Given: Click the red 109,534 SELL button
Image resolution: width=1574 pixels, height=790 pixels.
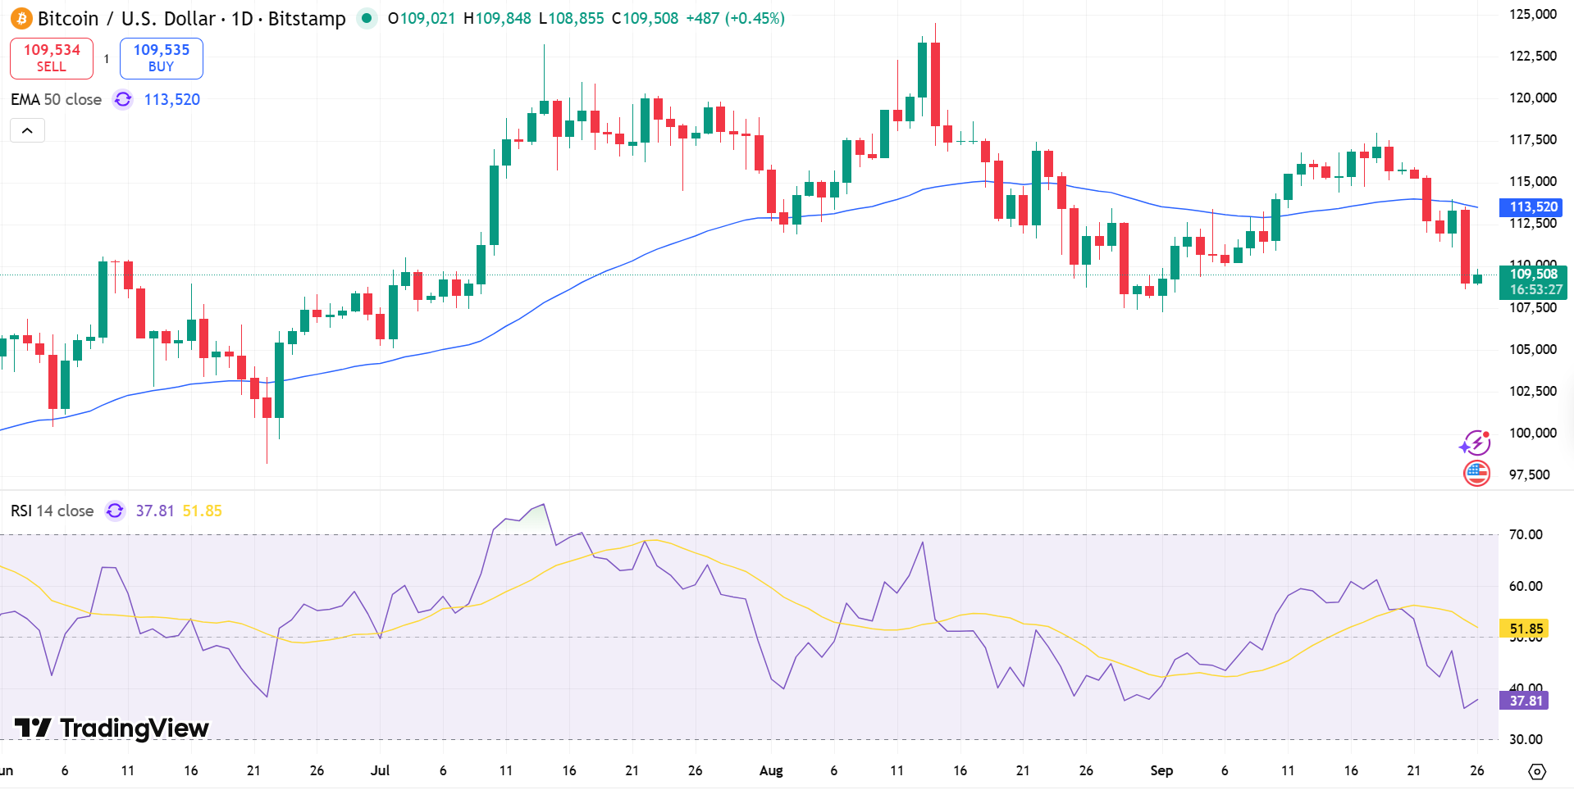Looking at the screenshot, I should (52, 58).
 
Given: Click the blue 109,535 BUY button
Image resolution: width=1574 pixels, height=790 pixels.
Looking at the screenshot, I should (162, 58).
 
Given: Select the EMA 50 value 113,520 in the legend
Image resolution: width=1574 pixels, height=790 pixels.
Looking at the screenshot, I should (171, 99).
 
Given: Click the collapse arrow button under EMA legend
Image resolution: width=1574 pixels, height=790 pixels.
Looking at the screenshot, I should (27, 130).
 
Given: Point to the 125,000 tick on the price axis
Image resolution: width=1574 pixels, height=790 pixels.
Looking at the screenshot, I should (1532, 14).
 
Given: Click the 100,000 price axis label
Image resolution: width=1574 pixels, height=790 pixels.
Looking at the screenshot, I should (1532, 433).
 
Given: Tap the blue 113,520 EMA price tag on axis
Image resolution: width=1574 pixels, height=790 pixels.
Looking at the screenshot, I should (1532, 207).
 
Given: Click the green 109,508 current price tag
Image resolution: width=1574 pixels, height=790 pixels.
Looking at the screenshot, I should (1532, 281).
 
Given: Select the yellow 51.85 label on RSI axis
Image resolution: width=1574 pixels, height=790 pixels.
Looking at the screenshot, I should (1525, 629).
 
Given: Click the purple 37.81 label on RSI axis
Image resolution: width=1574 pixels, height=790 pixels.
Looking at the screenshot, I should (1525, 701).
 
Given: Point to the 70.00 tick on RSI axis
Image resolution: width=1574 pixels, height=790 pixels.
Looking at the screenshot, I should (1525, 534).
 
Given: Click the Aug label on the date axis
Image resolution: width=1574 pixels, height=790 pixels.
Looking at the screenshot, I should (771, 770).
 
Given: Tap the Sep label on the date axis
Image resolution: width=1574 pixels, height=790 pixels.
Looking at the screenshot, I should (1161, 770).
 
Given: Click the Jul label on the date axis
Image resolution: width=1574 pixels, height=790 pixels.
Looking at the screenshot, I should (380, 770).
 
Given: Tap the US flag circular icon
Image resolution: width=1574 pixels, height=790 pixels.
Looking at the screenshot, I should (1476, 473).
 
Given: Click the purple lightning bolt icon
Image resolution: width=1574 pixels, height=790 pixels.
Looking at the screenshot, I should (1476, 443).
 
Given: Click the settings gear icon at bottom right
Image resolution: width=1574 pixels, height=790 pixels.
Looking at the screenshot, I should (1537, 771).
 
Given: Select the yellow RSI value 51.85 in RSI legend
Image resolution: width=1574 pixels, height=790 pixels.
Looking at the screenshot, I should (202, 511).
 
